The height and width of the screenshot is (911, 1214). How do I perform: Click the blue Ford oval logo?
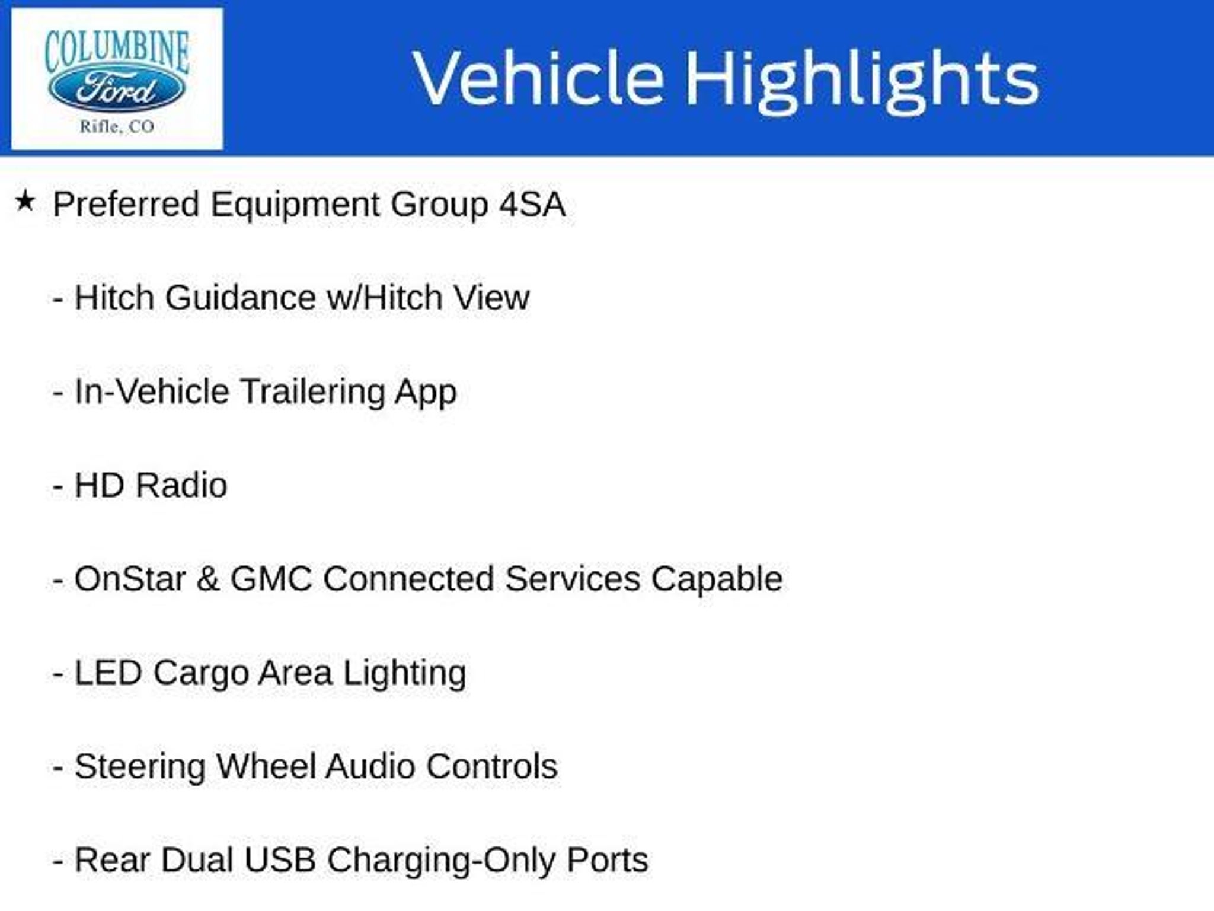(x=116, y=90)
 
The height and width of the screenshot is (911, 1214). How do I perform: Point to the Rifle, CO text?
(x=117, y=126)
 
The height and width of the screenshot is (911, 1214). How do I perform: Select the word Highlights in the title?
(x=862, y=81)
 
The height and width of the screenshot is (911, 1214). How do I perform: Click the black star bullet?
(x=25, y=201)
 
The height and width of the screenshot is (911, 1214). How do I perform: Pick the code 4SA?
(x=532, y=204)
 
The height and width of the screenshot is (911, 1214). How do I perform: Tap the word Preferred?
(x=126, y=204)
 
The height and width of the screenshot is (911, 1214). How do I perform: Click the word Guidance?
(x=241, y=297)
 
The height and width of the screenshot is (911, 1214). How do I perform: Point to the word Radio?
(x=181, y=485)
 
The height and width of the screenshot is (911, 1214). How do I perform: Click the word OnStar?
(x=130, y=578)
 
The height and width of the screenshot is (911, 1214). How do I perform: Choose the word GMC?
(x=271, y=579)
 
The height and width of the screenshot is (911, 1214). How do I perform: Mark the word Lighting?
(x=405, y=673)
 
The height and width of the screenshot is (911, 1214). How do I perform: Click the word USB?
(x=280, y=860)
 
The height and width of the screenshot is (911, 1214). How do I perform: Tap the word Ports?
(x=608, y=860)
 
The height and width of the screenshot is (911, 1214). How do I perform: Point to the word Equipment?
(x=295, y=204)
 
